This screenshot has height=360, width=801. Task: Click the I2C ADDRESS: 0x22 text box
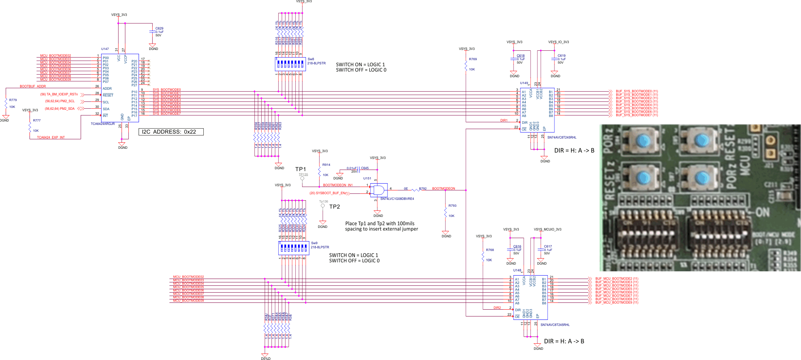[171, 132]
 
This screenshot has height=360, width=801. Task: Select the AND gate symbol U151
[379, 190]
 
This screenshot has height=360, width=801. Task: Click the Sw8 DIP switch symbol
[290, 64]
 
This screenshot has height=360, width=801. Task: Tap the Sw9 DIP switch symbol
[294, 248]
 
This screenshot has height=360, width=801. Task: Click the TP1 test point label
[300, 169]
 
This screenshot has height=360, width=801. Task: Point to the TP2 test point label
[334, 207]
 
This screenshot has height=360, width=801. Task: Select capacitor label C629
[159, 28]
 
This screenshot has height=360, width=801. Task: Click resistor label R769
[473, 59]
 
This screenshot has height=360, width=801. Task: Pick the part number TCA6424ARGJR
[103, 124]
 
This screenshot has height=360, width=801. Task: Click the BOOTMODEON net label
[443, 189]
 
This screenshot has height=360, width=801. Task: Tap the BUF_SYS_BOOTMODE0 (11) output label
[637, 91]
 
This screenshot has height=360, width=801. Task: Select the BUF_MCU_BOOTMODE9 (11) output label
[617, 302]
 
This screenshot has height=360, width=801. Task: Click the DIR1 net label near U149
[504, 120]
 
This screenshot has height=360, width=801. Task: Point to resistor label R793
[452, 206]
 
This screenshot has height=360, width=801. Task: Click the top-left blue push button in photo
[643, 141]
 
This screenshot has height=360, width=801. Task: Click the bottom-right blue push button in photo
[701, 177]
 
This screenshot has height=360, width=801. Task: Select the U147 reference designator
[105, 49]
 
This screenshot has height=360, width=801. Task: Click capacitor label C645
[365, 168]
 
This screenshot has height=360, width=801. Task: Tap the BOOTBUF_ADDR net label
[33, 86]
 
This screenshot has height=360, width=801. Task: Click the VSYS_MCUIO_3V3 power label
[547, 229]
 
